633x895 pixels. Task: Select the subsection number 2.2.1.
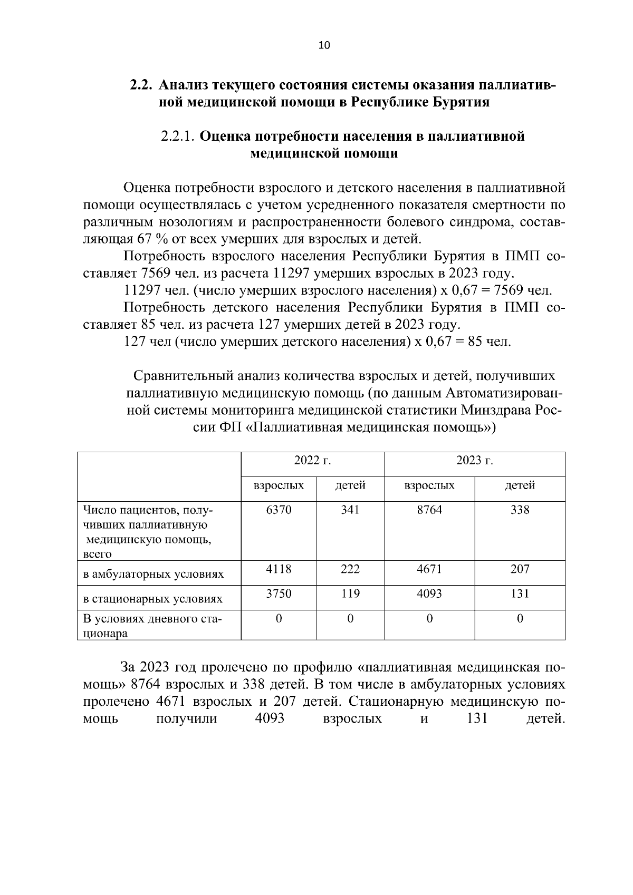coord(178,137)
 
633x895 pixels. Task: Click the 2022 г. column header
coord(312,460)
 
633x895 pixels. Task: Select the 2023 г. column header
coord(474,460)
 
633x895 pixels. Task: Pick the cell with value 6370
coord(279,510)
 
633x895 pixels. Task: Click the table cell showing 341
coord(350,510)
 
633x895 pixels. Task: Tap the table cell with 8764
coord(429,510)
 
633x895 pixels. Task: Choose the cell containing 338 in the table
coord(520,510)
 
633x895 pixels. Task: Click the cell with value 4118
coord(279,569)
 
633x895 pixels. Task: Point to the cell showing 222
coord(350,569)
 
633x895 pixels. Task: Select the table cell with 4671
coord(429,569)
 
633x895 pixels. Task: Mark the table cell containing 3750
coord(279,594)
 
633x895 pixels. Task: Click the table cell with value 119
coord(350,594)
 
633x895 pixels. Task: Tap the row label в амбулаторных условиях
coord(153,574)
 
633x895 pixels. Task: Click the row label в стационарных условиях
coord(152,599)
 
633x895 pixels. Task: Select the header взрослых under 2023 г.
coord(429,485)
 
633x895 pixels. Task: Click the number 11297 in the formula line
coord(141,290)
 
